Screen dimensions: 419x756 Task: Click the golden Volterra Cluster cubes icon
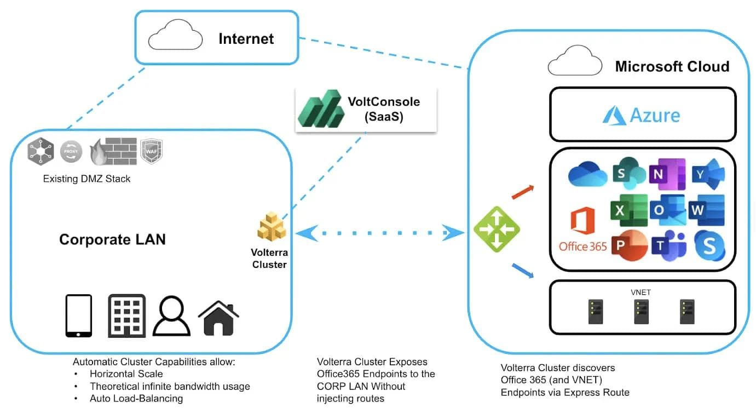(272, 226)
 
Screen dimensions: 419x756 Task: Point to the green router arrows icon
(496, 229)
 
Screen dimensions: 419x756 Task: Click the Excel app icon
(629, 209)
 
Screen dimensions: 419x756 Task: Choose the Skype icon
(709, 246)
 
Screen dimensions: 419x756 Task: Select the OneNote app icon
(667, 174)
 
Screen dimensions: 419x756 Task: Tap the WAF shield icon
(152, 151)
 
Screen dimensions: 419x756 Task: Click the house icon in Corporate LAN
(218, 317)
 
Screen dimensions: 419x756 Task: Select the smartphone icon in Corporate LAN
(79, 315)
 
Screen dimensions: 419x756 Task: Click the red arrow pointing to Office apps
(522, 192)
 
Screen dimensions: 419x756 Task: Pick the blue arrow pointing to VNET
(522, 271)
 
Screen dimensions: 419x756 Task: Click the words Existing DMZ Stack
(86, 179)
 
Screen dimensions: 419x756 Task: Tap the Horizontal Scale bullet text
(126, 374)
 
